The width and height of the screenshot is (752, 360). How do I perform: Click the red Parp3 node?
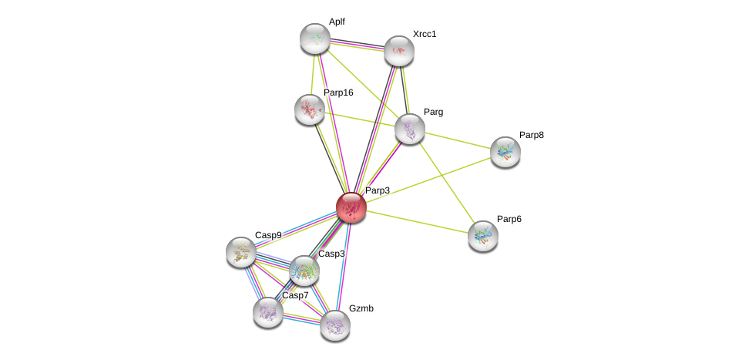coord(351,207)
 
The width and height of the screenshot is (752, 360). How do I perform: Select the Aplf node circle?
coord(314,38)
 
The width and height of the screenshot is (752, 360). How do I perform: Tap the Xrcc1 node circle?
coord(398,51)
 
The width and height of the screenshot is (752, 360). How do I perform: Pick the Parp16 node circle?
coord(310,109)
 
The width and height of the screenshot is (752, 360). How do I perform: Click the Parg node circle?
coord(409,128)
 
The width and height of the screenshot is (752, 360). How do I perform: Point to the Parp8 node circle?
coord(505,151)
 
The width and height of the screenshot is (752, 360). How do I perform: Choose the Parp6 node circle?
coord(482,235)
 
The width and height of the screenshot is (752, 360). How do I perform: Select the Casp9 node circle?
coord(241,251)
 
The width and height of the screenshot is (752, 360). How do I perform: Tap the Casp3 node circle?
coord(304,270)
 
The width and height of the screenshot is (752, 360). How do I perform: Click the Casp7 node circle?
coord(268,311)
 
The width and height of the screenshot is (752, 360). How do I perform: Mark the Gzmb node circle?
coord(334,325)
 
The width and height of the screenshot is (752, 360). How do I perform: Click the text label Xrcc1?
coord(425,34)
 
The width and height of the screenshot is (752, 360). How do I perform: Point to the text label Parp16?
coord(338,93)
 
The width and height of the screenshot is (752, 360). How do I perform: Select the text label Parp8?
coord(531,135)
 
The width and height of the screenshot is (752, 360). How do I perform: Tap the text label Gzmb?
coord(361,308)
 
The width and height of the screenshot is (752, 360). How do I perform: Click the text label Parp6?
coord(509,219)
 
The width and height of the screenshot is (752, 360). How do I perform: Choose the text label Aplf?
coord(337,22)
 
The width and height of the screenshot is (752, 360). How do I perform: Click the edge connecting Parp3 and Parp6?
coord(416,220)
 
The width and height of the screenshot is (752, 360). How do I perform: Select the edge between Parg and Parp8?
coord(457,140)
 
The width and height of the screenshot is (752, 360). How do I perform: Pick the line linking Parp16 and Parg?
coord(359,118)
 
